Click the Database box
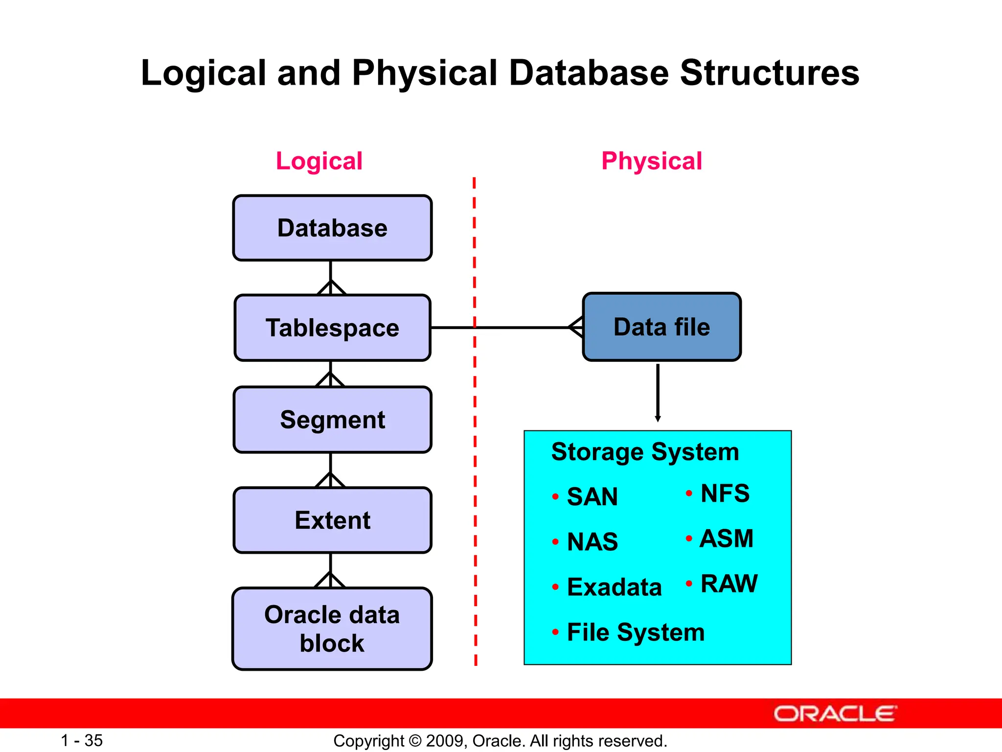(x=332, y=228)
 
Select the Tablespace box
(x=332, y=328)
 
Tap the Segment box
(x=332, y=420)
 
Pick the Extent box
(x=332, y=520)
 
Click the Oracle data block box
(x=332, y=629)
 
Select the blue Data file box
(x=661, y=327)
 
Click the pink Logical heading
(x=319, y=161)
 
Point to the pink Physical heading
(x=651, y=161)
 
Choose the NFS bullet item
(x=725, y=493)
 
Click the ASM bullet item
(x=726, y=539)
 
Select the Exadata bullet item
(x=614, y=587)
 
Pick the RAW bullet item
(x=729, y=584)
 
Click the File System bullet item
(x=636, y=632)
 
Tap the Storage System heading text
(x=645, y=451)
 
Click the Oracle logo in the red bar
(x=835, y=714)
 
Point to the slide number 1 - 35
(x=82, y=740)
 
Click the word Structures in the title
(x=769, y=73)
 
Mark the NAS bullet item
(x=592, y=542)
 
